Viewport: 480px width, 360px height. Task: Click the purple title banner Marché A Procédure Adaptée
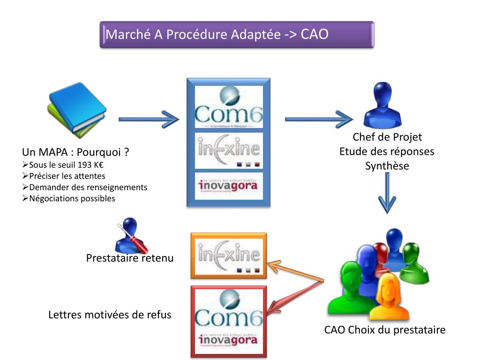237,35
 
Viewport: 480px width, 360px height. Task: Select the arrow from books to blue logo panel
149,120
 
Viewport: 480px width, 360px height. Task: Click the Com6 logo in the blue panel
229,107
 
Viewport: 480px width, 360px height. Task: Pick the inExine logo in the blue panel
229,150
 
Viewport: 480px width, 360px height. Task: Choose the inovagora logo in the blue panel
229,186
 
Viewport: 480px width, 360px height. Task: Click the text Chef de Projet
387,137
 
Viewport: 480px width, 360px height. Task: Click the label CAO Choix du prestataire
385,330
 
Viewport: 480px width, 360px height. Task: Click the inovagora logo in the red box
229,340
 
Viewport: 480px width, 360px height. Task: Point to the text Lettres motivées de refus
110,315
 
